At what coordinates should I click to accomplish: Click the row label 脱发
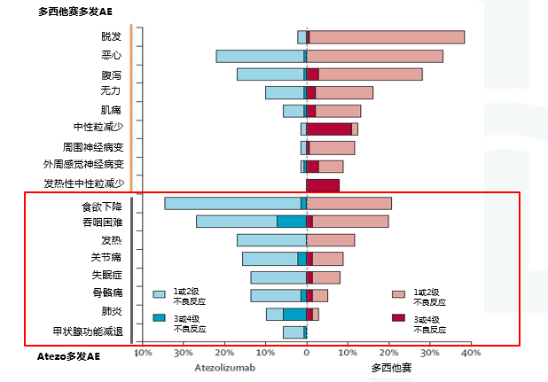pyautogui.click(x=111, y=36)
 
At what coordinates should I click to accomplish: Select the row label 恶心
pyautogui.click(x=111, y=55)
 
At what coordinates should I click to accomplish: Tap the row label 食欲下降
pyautogui.click(x=101, y=205)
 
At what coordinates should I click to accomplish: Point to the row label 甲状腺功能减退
pyautogui.click(x=87, y=331)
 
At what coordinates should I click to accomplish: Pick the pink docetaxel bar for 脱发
pyautogui.click(x=387, y=36)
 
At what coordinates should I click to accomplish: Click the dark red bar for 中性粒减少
pyautogui.click(x=329, y=129)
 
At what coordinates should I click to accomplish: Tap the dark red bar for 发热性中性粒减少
pyautogui.click(x=323, y=184)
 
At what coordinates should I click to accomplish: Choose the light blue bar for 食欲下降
pyautogui.click(x=232, y=203)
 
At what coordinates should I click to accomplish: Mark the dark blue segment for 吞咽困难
pyautogui.click(x=291, y=222)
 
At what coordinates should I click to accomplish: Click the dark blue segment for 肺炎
pyautogui.click(x=294, y=314)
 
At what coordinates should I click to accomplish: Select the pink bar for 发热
pyautogui.click(x=331, y=240)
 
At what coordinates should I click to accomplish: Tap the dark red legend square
pyautogui.click(x=398, y=317)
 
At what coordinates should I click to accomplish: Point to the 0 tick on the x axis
pyautogui.click(x=306, y=353)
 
